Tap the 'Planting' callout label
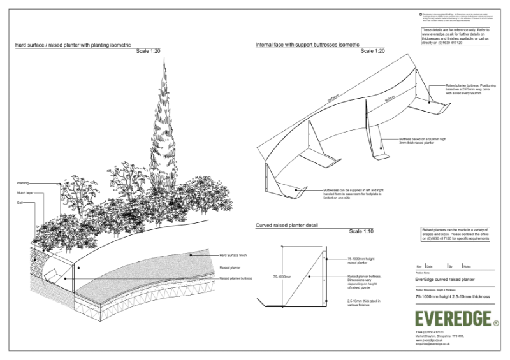click(23, 183)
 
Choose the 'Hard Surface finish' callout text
click(234, 254)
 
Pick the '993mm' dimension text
click(390, 99)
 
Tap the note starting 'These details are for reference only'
click(455, 36)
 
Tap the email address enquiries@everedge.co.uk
click(432, 344)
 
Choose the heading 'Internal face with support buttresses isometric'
click(307, 45)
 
